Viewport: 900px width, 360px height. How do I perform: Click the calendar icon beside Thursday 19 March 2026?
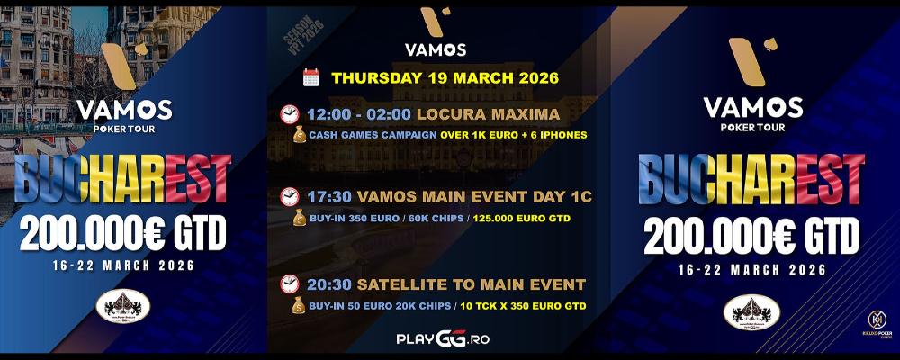311,77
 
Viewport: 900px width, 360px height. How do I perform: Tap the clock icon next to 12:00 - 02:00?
290,114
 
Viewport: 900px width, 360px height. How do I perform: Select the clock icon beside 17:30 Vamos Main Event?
290,195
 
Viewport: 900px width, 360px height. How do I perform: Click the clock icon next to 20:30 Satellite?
290,284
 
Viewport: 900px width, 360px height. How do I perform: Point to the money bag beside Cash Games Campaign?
299,135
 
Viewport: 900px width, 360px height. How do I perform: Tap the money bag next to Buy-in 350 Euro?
299,217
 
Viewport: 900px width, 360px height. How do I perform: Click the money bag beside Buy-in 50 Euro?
299,306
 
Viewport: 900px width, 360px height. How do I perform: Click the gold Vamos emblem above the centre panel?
436,21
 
